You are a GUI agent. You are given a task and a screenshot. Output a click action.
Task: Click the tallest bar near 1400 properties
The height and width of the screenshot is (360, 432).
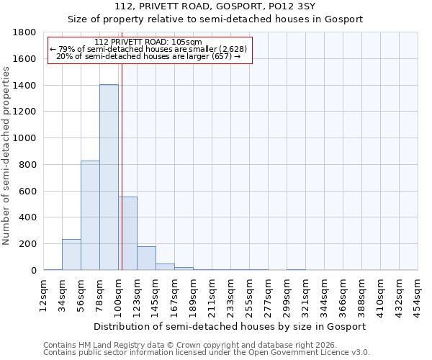(109, 177)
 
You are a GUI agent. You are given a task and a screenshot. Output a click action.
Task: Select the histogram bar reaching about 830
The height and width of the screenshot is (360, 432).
(90, 215)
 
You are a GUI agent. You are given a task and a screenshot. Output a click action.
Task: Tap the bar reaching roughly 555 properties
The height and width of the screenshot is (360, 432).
(127, 233)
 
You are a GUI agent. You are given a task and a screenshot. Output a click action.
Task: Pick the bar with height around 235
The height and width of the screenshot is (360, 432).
(71, 255)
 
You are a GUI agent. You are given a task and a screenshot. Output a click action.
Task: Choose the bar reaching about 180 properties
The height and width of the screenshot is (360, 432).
(146, 258)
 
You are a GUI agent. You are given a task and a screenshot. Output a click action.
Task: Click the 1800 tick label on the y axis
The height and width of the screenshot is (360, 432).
(24, 33)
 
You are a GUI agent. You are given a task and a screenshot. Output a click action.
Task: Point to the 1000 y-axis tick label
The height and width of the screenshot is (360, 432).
(24, 138)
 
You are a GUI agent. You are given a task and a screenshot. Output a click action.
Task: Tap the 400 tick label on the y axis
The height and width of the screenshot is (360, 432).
(27, 217)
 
